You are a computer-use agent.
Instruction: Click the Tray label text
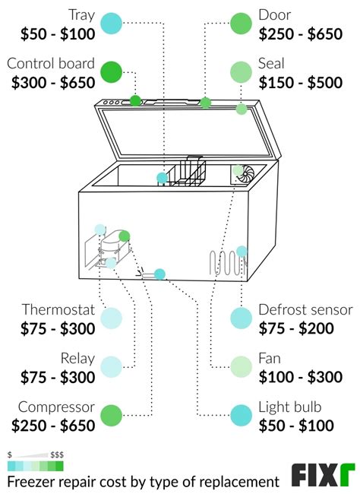click(x=81, y=14)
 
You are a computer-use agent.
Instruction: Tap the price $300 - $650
click(x=53, y=83)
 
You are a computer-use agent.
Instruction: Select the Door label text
click(x=274, y=14)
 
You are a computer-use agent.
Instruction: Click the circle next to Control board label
click(x=111, y=72)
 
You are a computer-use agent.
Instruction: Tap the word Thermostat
click(x=58, y=309)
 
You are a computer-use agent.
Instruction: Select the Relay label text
click(x=77, y=358)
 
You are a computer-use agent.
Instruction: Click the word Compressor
click(x=57, y=407)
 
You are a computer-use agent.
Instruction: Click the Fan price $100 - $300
click(x=300, y=376)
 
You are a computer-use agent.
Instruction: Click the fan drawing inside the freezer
click(x=244, y=174)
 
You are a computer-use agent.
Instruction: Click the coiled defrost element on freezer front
click(x=224, y=264)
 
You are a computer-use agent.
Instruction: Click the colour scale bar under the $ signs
click(x=35, y=464)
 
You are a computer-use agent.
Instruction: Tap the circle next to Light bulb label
click(x=241, y=415)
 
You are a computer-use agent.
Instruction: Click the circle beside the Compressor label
click(x=111, y=415)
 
